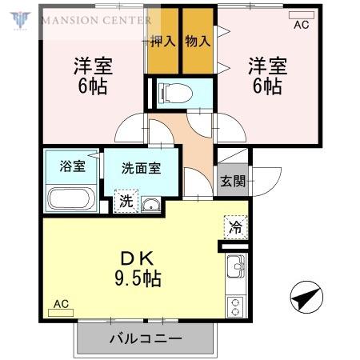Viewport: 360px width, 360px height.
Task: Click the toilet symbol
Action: (175, 94)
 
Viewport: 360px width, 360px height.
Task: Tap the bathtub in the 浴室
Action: (71, 198)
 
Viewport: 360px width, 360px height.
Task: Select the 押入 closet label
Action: (163, 42)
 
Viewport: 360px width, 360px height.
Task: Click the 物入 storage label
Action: (198, 42)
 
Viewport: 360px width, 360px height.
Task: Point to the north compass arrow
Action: (306, 297)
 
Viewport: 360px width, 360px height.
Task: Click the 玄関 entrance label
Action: (233, 181)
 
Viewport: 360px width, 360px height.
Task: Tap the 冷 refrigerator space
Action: (236, 227)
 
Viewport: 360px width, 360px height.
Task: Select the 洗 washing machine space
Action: (126, 201)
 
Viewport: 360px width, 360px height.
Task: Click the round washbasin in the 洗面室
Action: (150, 205)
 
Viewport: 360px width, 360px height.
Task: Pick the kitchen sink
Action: (236, 266)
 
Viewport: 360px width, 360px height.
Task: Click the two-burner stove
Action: (235, 306)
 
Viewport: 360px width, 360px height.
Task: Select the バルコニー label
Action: (146, 338)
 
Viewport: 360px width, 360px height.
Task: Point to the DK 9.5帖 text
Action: (138, 269)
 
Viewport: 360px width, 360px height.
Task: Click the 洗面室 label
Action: (142, 168)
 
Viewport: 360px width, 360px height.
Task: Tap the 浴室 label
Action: (72, 166)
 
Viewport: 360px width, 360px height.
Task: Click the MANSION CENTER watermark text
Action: (96, 20)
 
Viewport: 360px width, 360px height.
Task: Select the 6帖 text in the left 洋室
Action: (93, 86)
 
